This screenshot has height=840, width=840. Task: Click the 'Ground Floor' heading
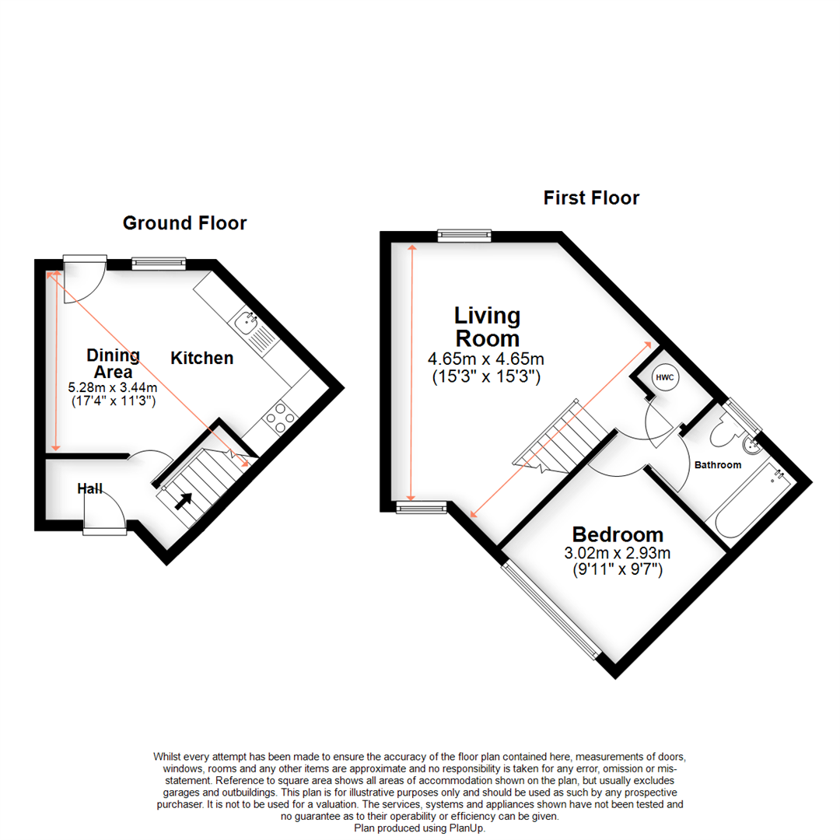click(x=184, y=223)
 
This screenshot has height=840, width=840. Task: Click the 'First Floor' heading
click(x=591, y=198)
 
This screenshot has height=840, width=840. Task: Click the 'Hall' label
click(x=90, y=488)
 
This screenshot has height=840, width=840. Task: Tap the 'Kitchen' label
click(x=202, y=358)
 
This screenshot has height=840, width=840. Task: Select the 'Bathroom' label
click(x=717, y=465)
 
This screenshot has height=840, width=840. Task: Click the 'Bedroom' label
click(x=618, y=534)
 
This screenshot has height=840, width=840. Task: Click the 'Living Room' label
click(x=487, y=327)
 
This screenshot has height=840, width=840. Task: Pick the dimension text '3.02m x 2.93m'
click(x=618, y=554)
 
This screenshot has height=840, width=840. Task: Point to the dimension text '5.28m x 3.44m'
click(x=113, y=388)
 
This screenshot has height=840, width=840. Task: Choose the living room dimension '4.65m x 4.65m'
click(x=485, y=359)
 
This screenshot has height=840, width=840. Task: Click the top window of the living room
click(x=464, y=235)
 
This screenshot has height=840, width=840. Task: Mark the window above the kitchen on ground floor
click(x=159, y=264)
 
